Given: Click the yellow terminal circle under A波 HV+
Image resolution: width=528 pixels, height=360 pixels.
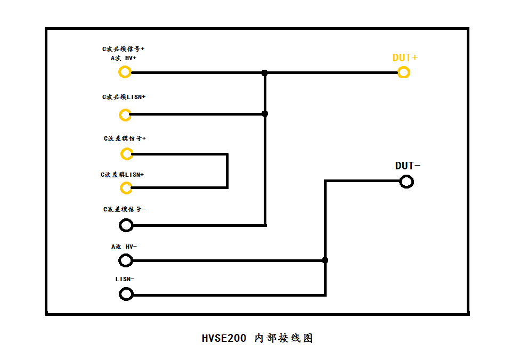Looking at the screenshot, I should tap(125, 72).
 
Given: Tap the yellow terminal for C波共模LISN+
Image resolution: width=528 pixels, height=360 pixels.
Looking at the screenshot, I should tap(125, 114).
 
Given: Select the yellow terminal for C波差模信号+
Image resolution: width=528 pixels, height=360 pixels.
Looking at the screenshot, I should tap(126, 154).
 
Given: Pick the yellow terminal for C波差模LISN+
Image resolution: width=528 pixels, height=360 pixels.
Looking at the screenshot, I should tap(126, 187).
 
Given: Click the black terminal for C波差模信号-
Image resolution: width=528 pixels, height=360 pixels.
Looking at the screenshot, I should tap(126, 225).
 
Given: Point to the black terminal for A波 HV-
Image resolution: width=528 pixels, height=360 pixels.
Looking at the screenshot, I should tap(125, 260).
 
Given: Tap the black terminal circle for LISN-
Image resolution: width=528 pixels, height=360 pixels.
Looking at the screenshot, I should tap(126, 294).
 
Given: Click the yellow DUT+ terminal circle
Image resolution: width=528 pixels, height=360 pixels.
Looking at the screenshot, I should tap(404, 72).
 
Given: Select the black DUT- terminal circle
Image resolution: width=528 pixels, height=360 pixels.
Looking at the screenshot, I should tap(406, 182).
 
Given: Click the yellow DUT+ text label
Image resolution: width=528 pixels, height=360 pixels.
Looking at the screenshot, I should tap(405, 58).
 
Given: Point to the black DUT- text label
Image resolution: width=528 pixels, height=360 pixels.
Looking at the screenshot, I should tap(408, 166).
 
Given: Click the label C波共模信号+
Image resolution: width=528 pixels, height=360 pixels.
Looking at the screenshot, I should tap(124, 48).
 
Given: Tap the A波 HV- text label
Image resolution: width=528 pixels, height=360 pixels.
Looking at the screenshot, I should tap(124, 247).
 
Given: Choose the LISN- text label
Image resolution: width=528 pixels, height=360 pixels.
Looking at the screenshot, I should tap(125, 279).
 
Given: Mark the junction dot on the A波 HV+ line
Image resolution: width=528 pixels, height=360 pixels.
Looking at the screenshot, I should tap(264, 72).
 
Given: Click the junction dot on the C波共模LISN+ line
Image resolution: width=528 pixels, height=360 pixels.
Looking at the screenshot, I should tap(265, 114).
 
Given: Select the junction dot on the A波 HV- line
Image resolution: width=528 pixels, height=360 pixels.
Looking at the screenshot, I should tap(325, 260).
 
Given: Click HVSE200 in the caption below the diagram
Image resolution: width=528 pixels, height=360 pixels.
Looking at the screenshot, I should tap(224, 338).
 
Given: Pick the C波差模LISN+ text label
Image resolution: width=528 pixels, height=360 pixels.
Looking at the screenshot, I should tap(123, 175).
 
